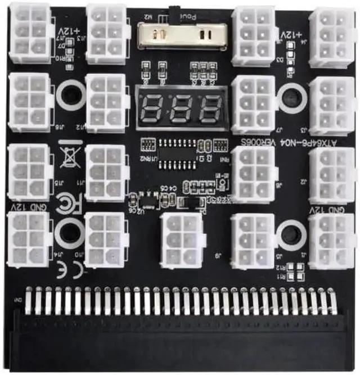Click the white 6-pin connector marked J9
[181, 240]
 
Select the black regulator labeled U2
[147, 200]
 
